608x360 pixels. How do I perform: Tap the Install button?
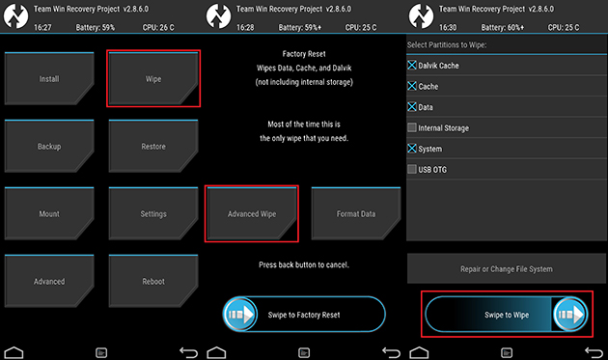(x=49, y=79)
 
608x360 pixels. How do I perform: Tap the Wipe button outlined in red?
(x=153, y=79)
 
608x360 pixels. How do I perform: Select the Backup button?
(x=49, y=147)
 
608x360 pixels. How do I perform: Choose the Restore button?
(x=153, y=147)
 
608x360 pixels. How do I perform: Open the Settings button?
(x=153, y=214)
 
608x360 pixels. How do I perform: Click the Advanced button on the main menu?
(x=49, y=282)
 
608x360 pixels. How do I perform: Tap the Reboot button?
(x=153, y=282)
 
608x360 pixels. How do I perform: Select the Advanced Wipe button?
(x=252, y=213)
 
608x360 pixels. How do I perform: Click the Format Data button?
(x=356, y=213)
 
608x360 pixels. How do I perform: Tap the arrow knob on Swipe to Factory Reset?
(x=240, y=315)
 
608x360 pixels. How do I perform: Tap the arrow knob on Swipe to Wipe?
(x=569, y=315)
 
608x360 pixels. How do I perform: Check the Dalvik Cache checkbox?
(x=413, y=66)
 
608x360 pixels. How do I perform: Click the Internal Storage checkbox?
(x=413, y=127)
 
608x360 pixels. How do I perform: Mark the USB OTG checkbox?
(x=413, y=169)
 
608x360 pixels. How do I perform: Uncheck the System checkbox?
(x=413, y=149)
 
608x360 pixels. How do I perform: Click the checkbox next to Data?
(x=413, y=107)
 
